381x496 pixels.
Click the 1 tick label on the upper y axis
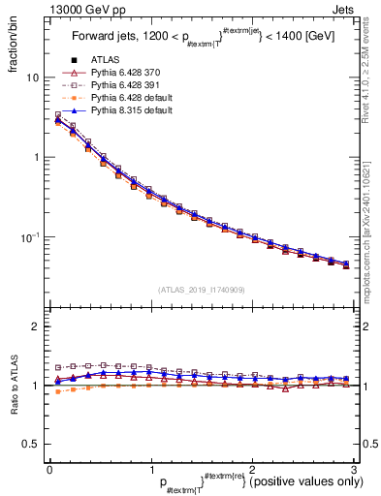click(x=37, y=157)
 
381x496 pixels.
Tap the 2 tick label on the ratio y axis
click(x=37, y=327)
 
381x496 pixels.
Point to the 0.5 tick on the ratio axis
click(x=32, y=444)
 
